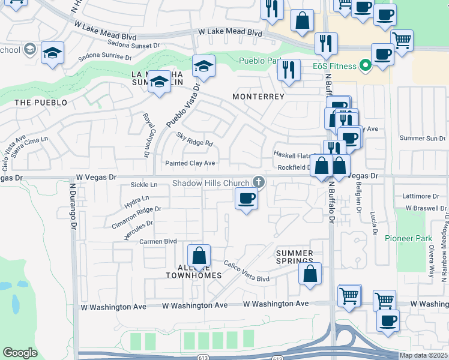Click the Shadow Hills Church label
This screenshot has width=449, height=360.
pos(211,183)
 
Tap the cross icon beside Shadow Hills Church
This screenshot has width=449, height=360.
pos(259,181)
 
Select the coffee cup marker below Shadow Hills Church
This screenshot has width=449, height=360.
pos(246,199)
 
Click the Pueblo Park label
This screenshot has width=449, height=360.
pos(261,61)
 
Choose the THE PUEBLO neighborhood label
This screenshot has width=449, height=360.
pos(41,103)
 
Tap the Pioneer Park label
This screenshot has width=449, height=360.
pos(409,238)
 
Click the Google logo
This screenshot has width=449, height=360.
pos(20,352)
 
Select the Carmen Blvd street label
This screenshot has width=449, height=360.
pos(158,241)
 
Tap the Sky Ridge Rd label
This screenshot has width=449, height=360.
pos(194,139)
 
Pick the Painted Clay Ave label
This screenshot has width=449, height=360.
pos(190,163)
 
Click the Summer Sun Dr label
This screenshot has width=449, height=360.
pos(423,138)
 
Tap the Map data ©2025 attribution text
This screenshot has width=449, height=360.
pos(423,355)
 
